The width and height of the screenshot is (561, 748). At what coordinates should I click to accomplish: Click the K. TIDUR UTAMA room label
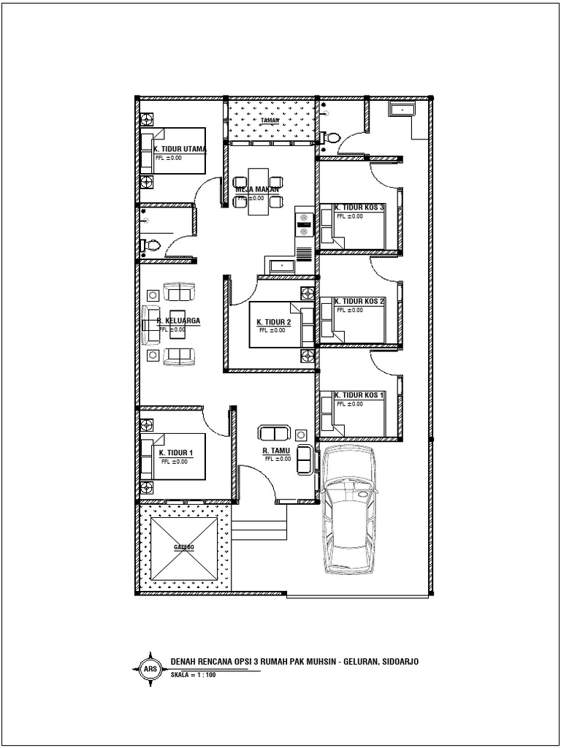point(180,148)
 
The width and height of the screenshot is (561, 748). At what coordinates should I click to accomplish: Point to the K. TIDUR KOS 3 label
point(359,208)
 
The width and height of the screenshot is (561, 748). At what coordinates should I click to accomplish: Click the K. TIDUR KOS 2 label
point(359,301)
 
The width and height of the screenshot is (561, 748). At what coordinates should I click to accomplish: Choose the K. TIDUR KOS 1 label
point(359,395)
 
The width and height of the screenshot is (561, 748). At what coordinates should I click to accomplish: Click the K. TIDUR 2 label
point(274,322)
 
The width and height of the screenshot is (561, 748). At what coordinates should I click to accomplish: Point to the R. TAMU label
point(277,451)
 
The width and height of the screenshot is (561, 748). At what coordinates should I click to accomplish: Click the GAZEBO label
point(184,546)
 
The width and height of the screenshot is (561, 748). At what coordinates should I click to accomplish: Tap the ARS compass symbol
point(150,668)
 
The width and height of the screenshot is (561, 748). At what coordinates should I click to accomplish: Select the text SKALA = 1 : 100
point(193,675)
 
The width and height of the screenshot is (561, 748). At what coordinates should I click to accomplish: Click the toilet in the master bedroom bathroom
point(151,247)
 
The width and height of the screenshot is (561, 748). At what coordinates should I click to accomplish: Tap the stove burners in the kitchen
point(304,222)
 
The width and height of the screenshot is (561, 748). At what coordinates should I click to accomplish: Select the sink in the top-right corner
point(402,110)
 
